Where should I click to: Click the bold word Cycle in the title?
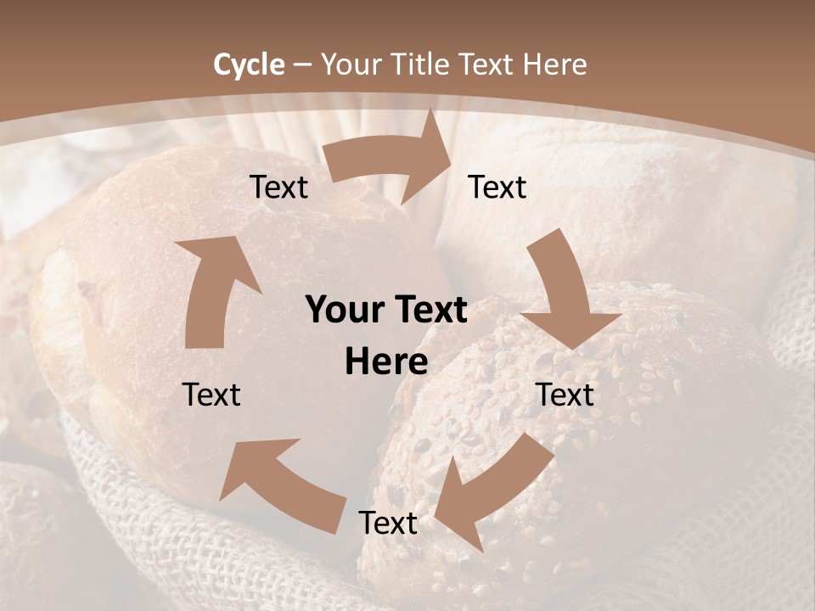[x=249, y=64]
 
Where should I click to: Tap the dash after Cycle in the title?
[x=302, y=65]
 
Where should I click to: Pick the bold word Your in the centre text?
[x=344, y=311]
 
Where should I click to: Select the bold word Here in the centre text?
[x=386, y=362]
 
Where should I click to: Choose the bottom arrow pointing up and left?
[x=280, y=484]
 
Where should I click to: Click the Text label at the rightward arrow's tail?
[x=278, y=187]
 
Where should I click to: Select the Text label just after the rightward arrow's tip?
[x=497, y=187]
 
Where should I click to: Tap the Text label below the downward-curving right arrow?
[x=565, y=395]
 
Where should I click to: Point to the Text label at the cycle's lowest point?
[x=388, y=523]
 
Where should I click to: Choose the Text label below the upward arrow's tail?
[x=211, y=395]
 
